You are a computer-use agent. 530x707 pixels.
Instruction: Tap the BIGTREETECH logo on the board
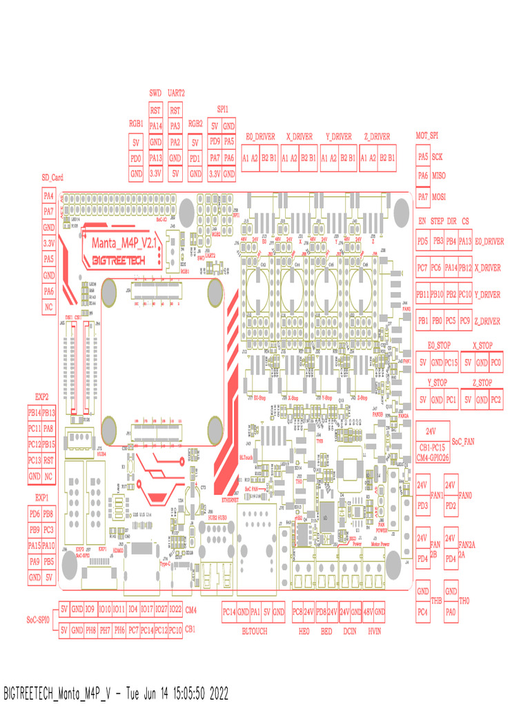point(122,260)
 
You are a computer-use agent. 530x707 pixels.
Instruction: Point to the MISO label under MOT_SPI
point(439,176)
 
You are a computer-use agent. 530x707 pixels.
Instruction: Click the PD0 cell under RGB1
point(136,159)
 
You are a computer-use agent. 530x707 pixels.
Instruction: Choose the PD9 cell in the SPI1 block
point(215,142)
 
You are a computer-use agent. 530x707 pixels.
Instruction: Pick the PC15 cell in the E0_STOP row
point(451,362)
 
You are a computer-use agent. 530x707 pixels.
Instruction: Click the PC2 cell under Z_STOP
point(496,400)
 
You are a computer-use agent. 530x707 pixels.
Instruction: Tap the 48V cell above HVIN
point(369,612)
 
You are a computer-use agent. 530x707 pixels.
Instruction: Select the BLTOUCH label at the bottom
point(253,631)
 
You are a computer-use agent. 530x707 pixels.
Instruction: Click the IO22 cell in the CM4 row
point(175,609)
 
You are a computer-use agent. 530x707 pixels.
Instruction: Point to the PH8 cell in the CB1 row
point(90,630)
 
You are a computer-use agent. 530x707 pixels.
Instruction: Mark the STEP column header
point(438,221)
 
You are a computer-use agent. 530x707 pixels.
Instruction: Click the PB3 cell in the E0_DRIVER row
point(438,241)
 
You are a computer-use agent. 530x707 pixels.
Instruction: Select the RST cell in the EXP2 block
point(48,460)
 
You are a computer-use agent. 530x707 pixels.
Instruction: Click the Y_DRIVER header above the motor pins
point(338,137)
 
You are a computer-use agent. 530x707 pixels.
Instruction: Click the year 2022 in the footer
point(215,693)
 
